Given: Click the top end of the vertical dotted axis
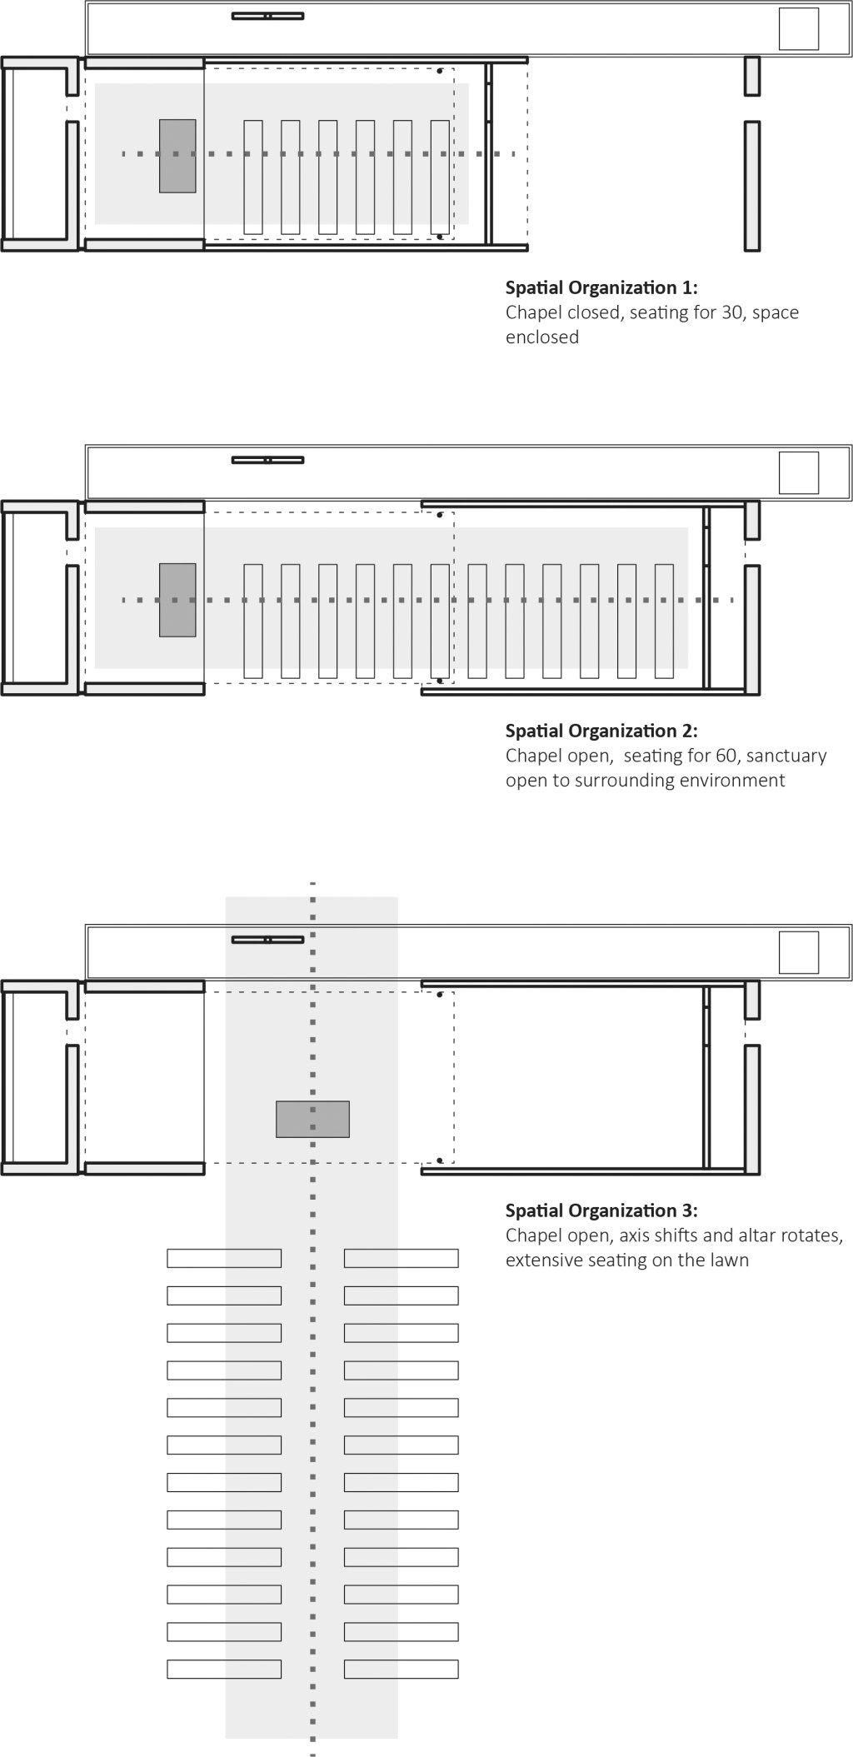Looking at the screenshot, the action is [x=312, y=883].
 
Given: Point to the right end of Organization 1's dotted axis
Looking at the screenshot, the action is [x=513, y=154].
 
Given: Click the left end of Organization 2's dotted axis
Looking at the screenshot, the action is [x=124, y=600].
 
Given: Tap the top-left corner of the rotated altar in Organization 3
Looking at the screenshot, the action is [x=277, y=1101].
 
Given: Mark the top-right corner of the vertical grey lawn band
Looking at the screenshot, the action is [x=397, y=897].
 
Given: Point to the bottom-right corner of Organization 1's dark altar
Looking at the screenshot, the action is [x=196, y=192].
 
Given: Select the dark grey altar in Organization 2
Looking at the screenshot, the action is [x=177, y=600].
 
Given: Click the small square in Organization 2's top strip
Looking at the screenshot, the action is [x=799, y=472].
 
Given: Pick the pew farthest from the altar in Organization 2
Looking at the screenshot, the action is [x=664, y=621].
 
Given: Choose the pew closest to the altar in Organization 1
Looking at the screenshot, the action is [x=253, y=177].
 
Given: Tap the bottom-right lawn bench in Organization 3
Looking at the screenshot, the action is [x=402, y=1669].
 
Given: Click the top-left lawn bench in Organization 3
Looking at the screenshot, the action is [x=224, y=1258].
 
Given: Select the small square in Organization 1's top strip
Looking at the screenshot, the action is [x=799, y=29].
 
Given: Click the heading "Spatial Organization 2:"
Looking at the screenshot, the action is [x=601, y=731].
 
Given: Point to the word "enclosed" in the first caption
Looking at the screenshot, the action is [x=542, y=337].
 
